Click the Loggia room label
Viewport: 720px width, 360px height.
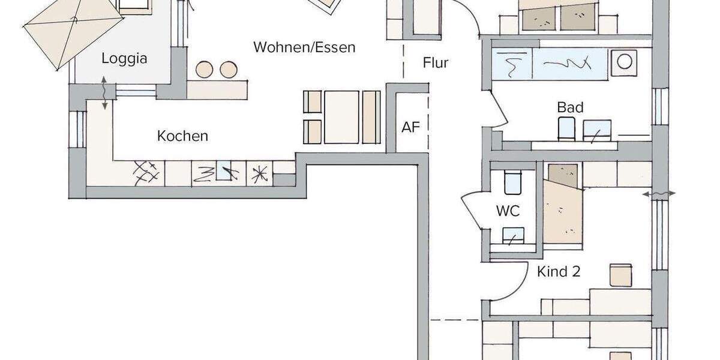tap(124, 59)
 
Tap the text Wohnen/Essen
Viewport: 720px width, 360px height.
tap(304, 47)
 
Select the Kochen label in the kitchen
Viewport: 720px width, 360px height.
tap(182, 136)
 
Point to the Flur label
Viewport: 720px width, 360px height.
tap(436, 62)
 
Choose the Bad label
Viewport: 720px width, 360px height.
tap(570, 107)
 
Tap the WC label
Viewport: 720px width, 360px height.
tap(508, 211)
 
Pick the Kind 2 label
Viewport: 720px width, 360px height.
tap(559, 272)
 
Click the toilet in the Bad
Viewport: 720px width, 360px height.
tap(566, 128)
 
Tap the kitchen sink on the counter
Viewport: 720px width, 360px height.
tap(223, 173)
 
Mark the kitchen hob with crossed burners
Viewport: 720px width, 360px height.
tap(146, 173)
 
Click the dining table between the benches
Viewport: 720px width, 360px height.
tap(341, 117)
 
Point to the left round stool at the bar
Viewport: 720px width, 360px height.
tap(205, 70)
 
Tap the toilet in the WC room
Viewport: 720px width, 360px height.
tap(512, 182)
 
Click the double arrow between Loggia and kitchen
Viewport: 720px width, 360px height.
tap(105, 92)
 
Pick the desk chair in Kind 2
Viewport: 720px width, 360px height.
tap(620, 274)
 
